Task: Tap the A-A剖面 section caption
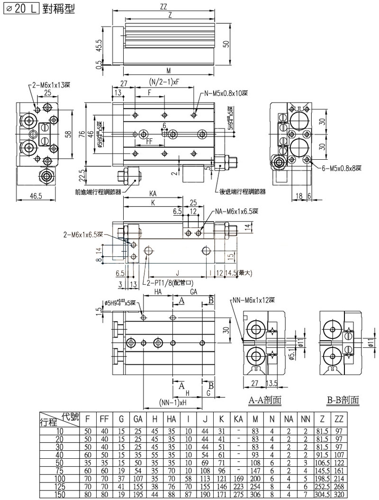[265, 400]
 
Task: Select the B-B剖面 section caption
[343, 400]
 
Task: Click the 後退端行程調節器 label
[242, 192]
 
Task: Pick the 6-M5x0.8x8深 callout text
[340, 167]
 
